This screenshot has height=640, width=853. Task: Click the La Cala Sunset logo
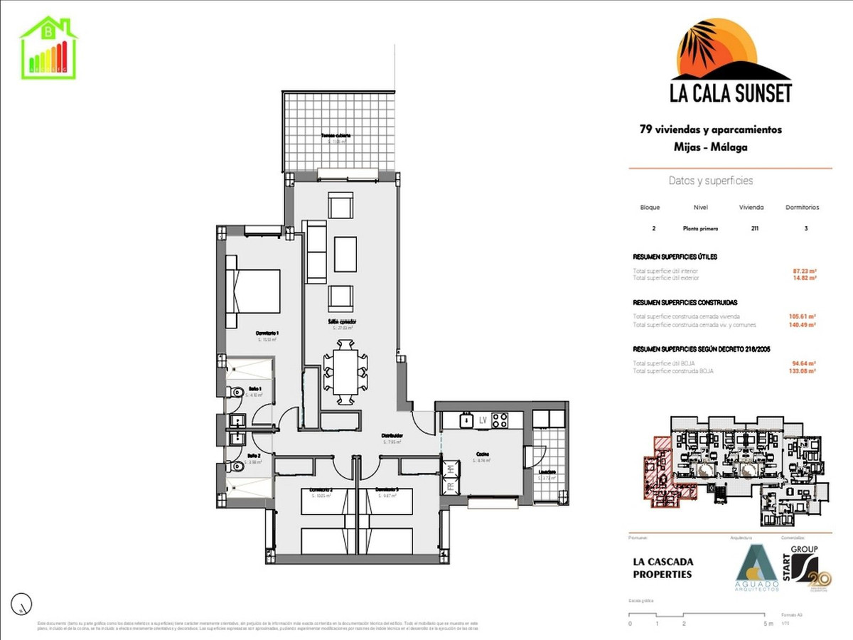731,63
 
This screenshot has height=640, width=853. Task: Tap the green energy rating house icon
48,47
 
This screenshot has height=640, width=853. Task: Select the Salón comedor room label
341,321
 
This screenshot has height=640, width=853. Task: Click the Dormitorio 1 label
267,333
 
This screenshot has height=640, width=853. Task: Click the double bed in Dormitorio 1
252,291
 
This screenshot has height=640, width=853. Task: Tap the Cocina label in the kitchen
482,454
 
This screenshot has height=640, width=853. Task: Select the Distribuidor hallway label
392,436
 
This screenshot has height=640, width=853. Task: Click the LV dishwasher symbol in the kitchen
482,420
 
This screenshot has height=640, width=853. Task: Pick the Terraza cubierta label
336,135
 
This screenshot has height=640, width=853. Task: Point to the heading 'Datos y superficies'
711,181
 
